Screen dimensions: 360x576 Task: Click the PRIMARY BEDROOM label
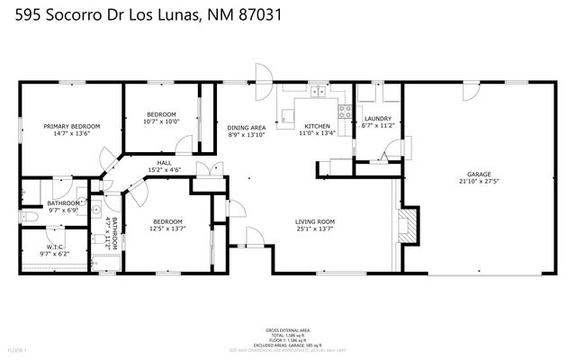(71, 126)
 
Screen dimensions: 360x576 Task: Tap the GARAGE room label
(477, 174)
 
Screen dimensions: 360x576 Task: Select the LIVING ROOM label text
(315, 221)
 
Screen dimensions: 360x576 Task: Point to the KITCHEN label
(316, 126)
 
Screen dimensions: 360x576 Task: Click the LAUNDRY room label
(376, 119)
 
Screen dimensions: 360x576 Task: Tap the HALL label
(164, 162)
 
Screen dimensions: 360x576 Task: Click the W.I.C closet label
(54, 247)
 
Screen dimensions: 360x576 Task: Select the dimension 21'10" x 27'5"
(477, 181)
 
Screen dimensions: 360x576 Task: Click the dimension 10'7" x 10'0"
(162, 121)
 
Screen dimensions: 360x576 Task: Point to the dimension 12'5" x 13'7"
(167, 229)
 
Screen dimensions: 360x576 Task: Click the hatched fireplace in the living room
(409, 225)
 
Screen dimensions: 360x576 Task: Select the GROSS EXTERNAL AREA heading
(287, 331)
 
